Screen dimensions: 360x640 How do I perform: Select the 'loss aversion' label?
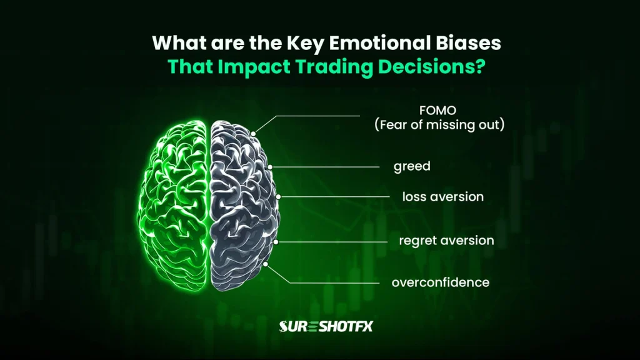coord(442,196)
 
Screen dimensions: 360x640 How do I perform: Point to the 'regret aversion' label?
coord(446,240)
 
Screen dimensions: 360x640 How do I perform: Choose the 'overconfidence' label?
coord(440,282)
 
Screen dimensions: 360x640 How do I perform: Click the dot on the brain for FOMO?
coord(253,134)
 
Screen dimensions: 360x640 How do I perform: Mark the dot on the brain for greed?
coord(269,167)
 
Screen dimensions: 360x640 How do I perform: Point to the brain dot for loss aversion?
coord(277,196)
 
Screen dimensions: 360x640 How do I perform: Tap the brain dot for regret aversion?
coord(276,241)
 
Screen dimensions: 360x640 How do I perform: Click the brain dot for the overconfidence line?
coord(267,264)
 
